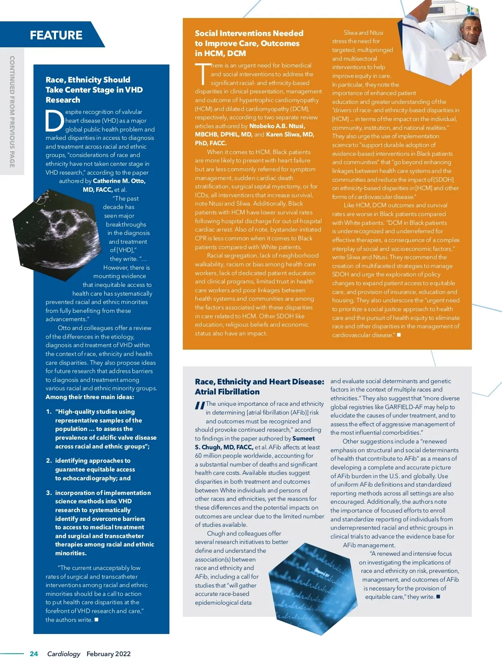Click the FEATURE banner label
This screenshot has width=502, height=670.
point(56,35)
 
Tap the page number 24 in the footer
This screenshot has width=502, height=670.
point(34,654)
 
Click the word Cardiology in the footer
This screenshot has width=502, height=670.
point(64,654)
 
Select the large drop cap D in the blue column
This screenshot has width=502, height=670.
point(54,121)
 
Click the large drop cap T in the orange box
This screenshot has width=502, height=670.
point(202,74)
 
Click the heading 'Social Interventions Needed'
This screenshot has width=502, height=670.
point(249,33)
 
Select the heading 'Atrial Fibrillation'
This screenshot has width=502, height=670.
point(227,392)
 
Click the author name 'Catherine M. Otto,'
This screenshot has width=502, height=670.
point(119,181)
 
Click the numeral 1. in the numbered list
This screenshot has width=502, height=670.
point(49,412)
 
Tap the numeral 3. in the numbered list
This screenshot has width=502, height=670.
point(49,493)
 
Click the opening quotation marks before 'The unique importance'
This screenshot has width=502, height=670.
point(200,405)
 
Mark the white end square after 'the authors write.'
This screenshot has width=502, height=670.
point(96,619)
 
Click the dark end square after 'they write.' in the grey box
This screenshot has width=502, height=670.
point(438,596)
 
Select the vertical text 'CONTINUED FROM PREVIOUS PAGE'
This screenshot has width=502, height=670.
point(12,111)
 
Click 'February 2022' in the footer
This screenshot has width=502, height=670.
point(108,654)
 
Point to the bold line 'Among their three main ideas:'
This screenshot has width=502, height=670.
point(90,397)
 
